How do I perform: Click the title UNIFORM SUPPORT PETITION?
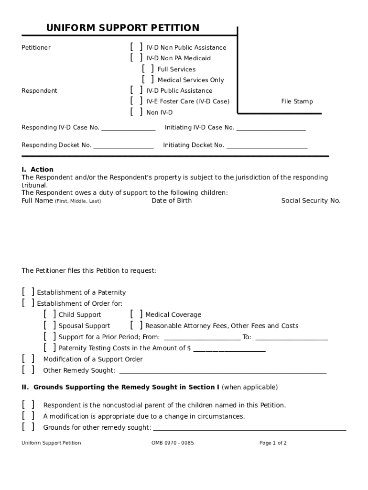point(122,28)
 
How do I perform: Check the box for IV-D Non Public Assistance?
point(136,47)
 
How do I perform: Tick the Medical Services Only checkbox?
point(148,79)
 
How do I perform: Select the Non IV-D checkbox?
point(136,112)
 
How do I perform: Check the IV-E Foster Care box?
point(136,101)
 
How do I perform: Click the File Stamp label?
point(297,101)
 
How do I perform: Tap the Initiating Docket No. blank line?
point(266,145)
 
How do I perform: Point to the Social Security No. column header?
point(311,201)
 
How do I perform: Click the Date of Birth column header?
point(172,201)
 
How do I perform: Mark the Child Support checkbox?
point(49,314)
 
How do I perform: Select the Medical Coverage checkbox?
point(136,314)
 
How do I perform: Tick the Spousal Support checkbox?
point(49,325)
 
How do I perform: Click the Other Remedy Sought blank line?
point(222,371)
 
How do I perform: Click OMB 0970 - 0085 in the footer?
point(173,443)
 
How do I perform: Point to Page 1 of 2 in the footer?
point(273,443)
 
